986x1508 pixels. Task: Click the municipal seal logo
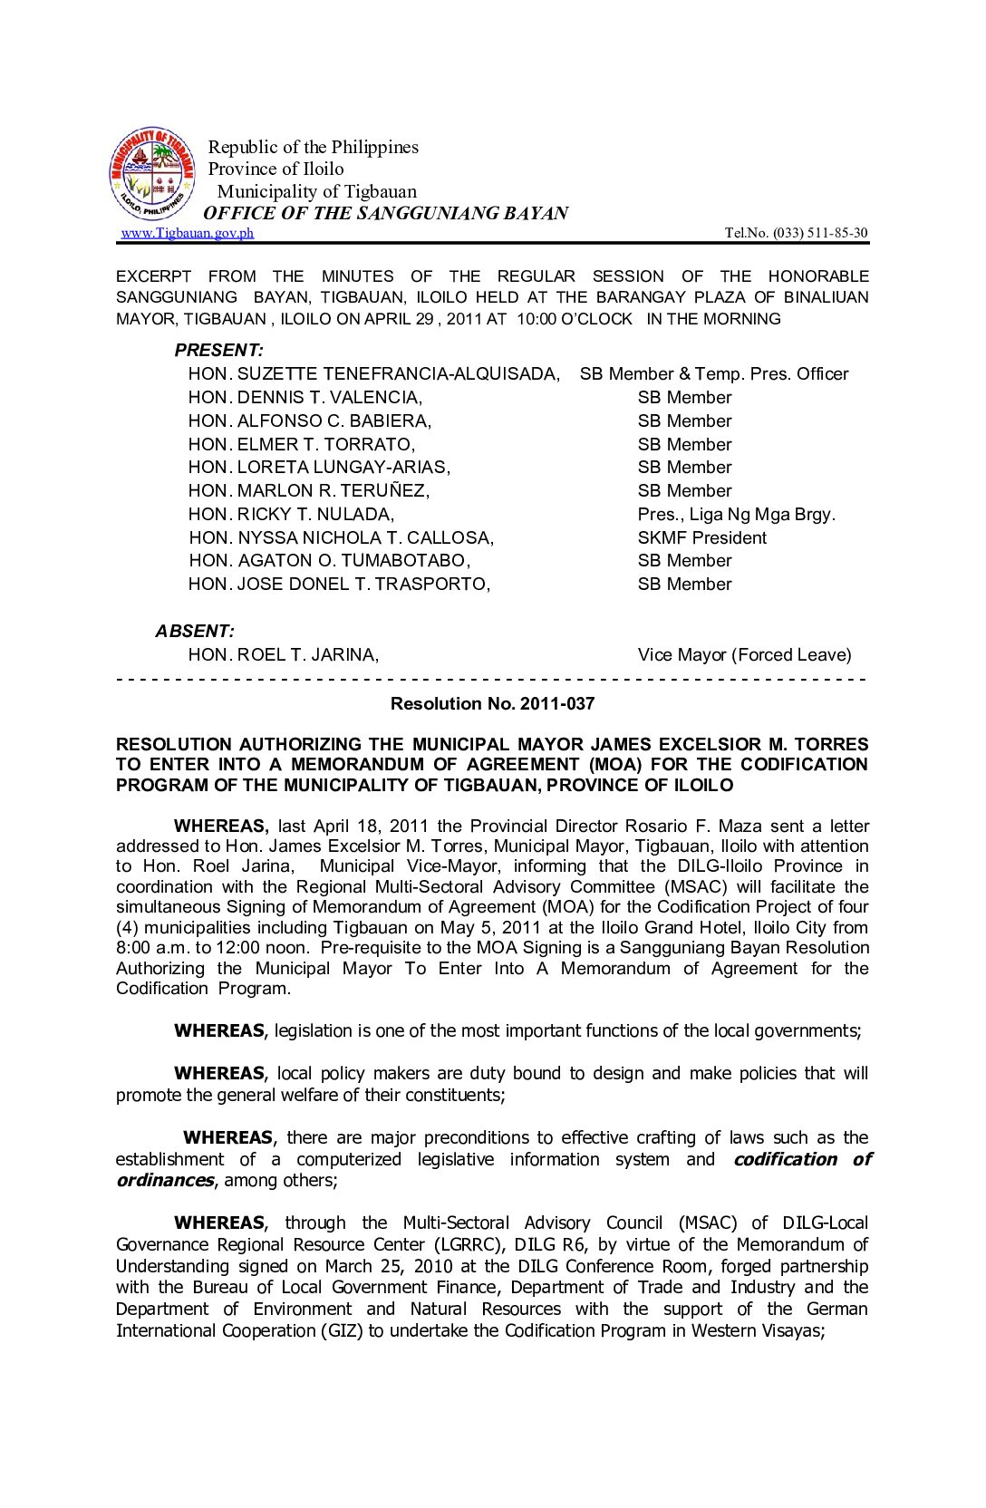coord(152,174)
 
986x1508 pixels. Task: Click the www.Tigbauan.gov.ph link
coord(188,233)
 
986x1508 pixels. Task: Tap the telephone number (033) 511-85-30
coord(819,233)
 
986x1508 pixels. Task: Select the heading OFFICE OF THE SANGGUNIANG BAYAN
coord(385,214)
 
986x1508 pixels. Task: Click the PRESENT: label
coord(218,351)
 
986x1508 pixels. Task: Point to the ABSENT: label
coord(194,632)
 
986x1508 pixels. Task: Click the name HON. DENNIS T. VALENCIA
coord(304,398)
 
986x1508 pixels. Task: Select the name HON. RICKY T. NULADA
coord(291,515)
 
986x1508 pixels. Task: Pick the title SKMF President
coord(701,538)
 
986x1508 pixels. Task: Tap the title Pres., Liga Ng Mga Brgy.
coord(736,515)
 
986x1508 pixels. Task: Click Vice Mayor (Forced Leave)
coord(744,655)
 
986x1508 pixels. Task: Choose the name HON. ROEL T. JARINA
coord(283,655)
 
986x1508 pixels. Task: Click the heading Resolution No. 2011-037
coord(492,704)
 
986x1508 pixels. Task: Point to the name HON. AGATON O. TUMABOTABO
coord(329,561)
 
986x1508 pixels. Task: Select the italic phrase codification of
coord(801,1160)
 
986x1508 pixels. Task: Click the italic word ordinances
coord(165,1181)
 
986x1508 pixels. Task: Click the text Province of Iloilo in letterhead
coord(275,169)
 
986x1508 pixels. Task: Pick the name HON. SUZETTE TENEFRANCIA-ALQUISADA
coord(373,374)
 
